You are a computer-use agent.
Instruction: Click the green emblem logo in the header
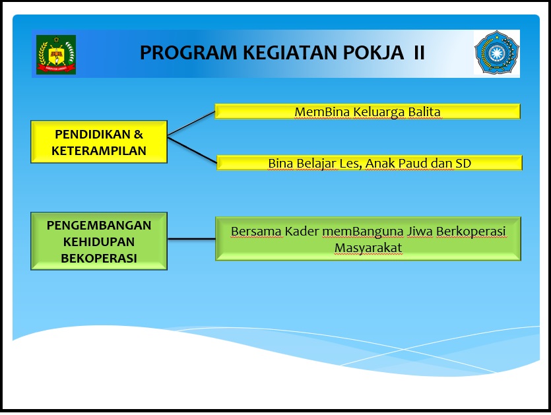pyautogui.click(x=56, y=55)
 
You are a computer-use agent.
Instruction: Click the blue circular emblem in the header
pyautogui.click(x=496, y=52)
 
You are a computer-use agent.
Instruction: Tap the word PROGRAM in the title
pyautogui.click(x=189, y=53)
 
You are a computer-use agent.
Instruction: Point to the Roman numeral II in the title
pyautogui.click(x=419, y=53)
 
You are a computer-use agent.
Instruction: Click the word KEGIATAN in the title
pyautogui.click(x=290, y=53)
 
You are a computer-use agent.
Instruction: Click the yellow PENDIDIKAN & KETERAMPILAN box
pyautogui.click(x=99, y=142)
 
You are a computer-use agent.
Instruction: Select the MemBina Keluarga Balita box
pyautogui.click(x=367, y=112)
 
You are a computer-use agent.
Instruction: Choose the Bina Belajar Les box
pyautogui.click(x=370, y=163)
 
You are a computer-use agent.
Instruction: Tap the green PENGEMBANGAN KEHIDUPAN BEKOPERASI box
pyautogui.click(x=99, y=241)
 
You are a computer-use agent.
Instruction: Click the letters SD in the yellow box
pyautogui.click(x=463, y=163)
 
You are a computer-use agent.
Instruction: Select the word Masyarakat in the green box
pyautogui.click(x=368, y=247)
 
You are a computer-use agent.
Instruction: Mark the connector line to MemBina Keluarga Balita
pyautogui.click(x=191, y=123)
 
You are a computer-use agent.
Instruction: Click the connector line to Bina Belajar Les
pyautogui.click(x=192, y=150)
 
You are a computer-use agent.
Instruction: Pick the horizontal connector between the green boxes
pyautogui.click(x=191, y=239)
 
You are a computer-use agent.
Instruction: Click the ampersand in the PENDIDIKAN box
pyautogui.click(x=138, y=134)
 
